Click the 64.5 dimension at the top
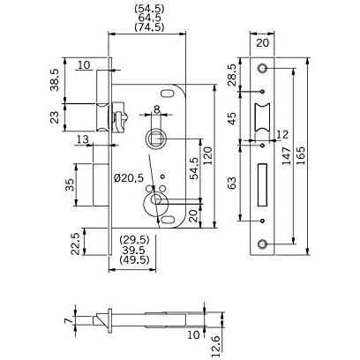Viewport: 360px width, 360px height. tap(149, 18)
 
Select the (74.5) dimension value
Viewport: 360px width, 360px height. tap(149, 27)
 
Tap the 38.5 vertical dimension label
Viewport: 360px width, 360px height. tap(55, 79)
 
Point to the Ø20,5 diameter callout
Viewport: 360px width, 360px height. tap(129, 178)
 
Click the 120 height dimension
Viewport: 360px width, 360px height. tap(207, 156)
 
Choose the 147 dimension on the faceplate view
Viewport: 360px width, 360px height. tap(286, 156)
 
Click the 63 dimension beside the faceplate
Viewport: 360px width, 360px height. tap(232, 183)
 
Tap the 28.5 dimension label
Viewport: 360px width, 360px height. tap(232, 75)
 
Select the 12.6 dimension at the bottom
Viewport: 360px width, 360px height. tap(215, 348)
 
